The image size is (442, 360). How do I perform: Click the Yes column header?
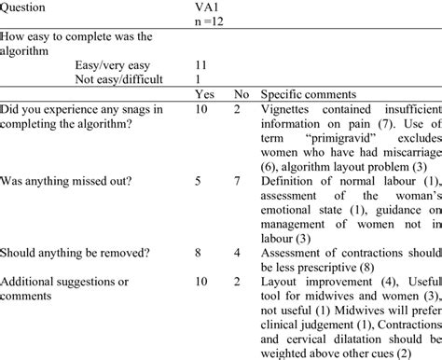click(204, 94)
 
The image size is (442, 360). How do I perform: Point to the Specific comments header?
click(310, 94)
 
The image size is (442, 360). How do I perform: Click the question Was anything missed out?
click(65, 180)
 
